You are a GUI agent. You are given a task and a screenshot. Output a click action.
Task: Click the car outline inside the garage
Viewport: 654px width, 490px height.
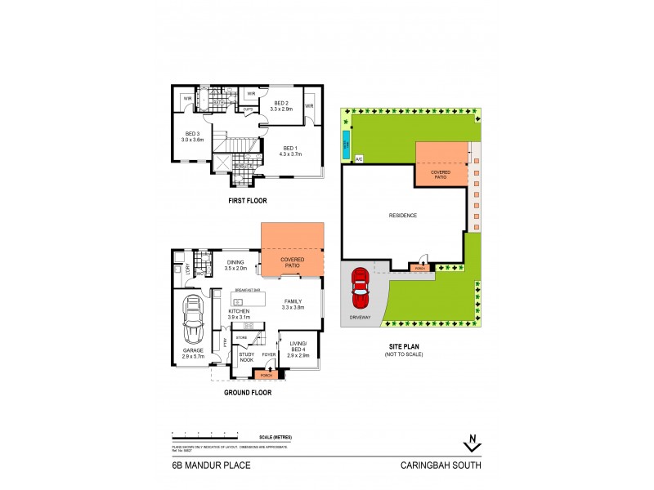point(193,320)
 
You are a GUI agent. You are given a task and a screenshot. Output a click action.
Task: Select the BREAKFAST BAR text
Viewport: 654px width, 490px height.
point(248,290)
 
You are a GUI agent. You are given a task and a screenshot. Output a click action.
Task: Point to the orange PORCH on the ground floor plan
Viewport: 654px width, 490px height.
point(265,374)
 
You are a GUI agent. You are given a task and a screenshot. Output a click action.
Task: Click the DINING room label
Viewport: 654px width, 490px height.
point(235,262)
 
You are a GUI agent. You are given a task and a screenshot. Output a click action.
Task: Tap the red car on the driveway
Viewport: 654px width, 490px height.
point(360,289)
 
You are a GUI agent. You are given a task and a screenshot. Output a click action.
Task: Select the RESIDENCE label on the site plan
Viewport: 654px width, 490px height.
point(402,216)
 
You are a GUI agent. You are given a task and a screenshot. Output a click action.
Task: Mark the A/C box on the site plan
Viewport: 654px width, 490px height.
point(358,158)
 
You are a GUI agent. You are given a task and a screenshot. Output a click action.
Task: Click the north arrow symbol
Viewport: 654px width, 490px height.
point(471,443)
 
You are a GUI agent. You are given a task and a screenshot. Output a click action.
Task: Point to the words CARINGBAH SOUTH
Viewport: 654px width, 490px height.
point(441,465)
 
